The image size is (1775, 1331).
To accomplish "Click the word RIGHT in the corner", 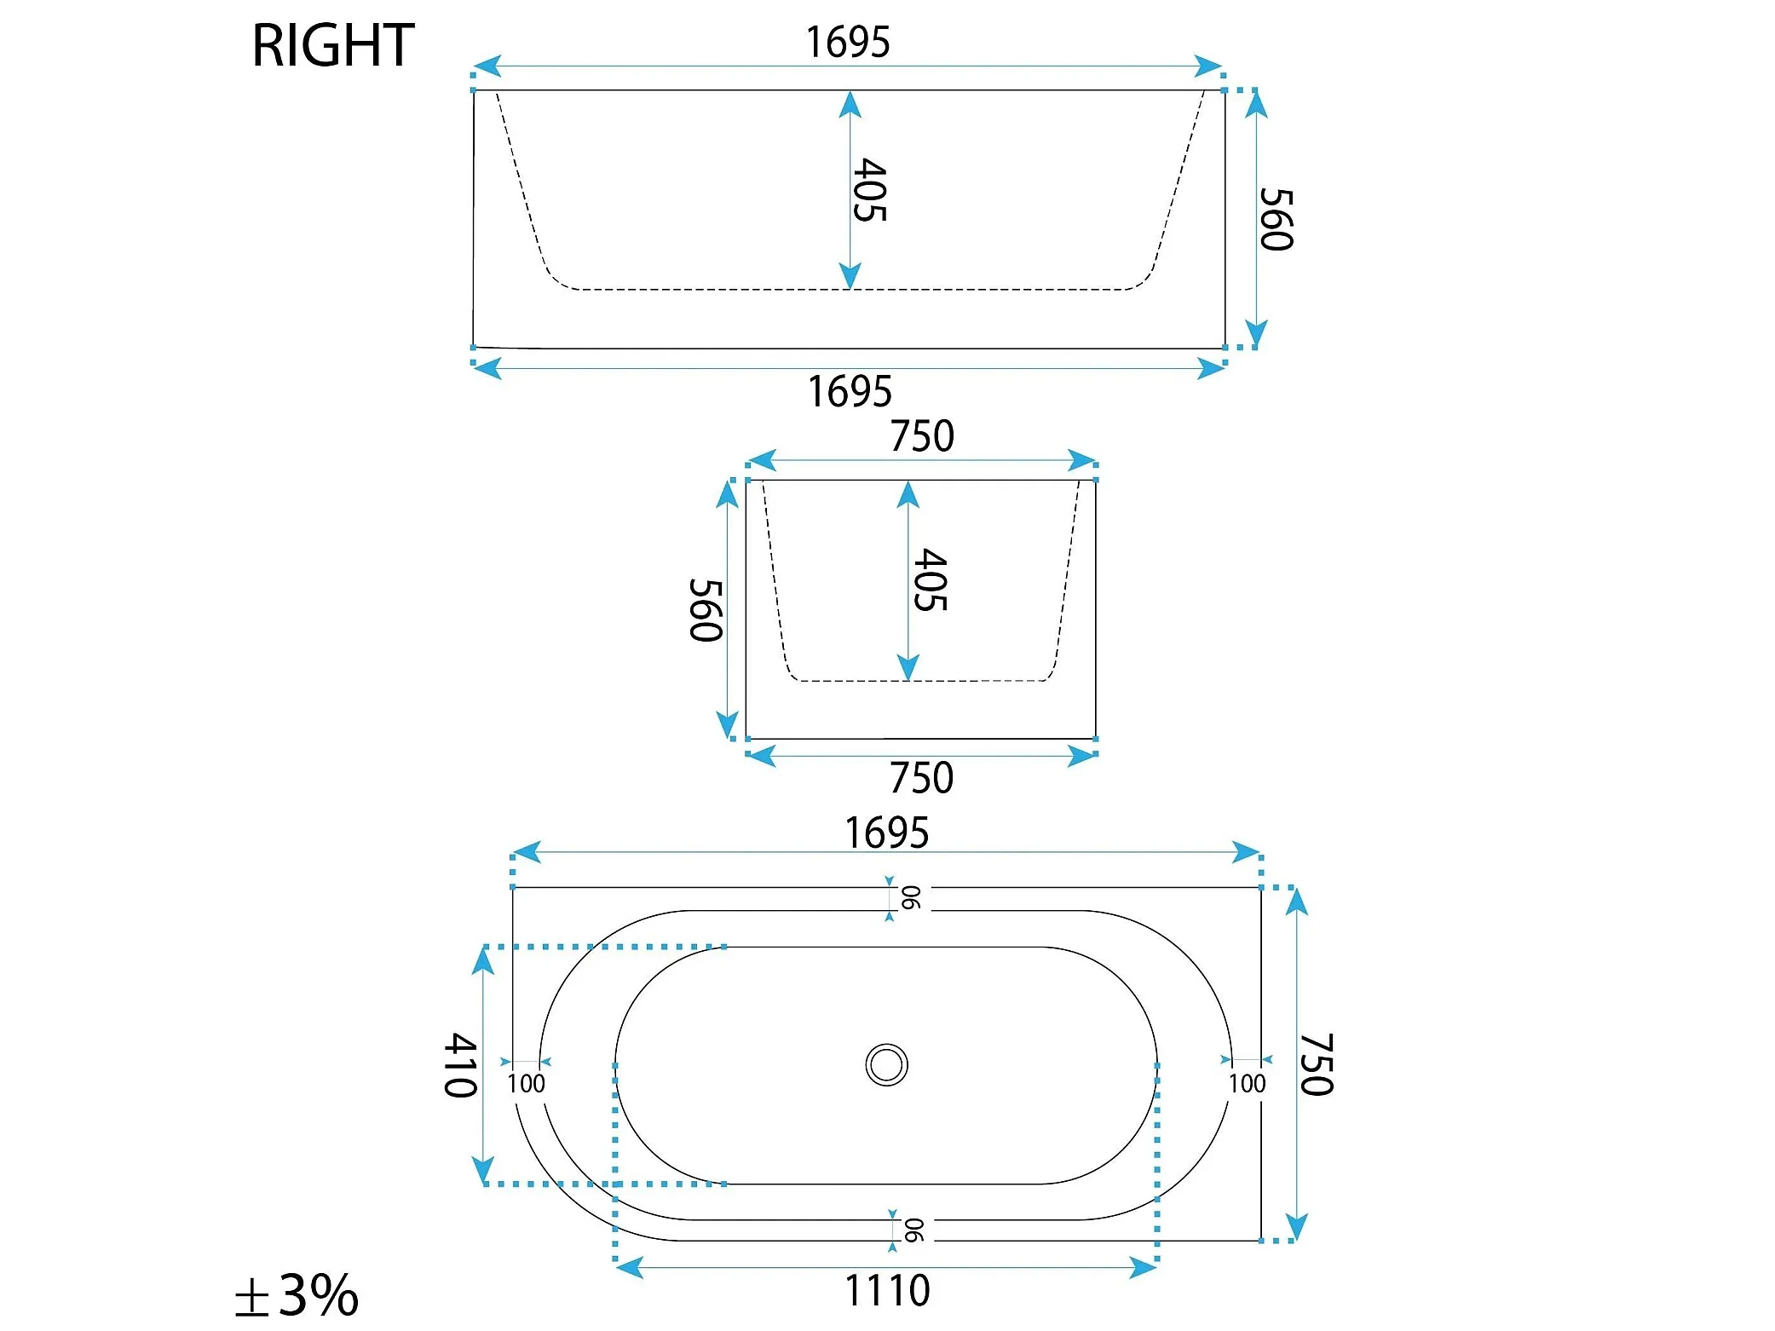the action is click(x=333, y=45).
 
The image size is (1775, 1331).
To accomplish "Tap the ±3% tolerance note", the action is click(x=297, y=1295).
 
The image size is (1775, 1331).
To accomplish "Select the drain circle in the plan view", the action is click(x=886, y=1065).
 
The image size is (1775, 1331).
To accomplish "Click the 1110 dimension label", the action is click(x=887, y=1290).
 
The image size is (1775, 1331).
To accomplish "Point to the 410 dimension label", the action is click(x=461, y=1065).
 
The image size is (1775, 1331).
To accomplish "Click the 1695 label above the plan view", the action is click(x=886, y=833).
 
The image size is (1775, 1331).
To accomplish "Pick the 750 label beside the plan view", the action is click(x=1317, y=1065).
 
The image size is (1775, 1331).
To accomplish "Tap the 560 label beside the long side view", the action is click(x=1277, y=219).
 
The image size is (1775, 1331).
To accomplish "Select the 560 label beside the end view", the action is click(x=706, y=610).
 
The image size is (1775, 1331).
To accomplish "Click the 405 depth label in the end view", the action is click(x=931, y=579).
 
